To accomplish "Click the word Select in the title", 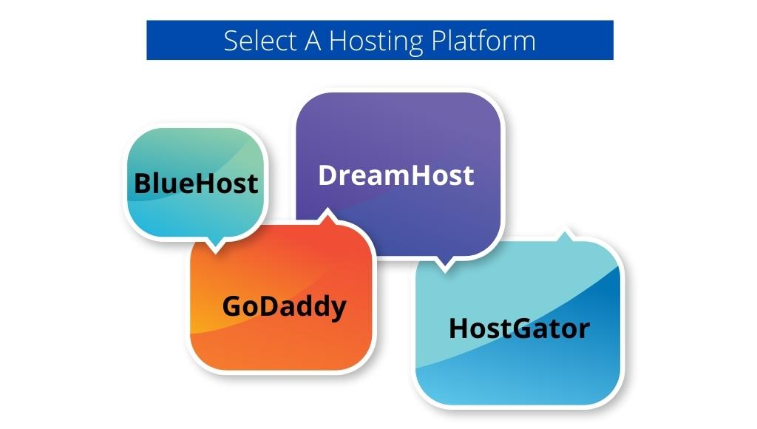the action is click(x=260, y=41).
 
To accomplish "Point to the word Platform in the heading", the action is click(x=483, y=41).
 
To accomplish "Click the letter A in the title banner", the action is click(x=313, y=41).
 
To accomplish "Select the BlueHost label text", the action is click(x=195, y=183).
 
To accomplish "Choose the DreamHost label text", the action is click(x=396, y=175).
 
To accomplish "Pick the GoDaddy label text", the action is click(x=285, y=307).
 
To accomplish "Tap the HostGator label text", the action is click(x=519, y=328).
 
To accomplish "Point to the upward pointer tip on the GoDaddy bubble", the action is click(x=327, y=210).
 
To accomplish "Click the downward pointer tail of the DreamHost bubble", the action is click(x=444, y=269).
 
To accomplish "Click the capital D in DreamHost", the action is click(x=327, y=175).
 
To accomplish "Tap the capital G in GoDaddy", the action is click(x=231, y=306).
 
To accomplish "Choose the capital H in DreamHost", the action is click(x=406, y=175).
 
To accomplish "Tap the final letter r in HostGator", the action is click(x=584, y=331).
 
